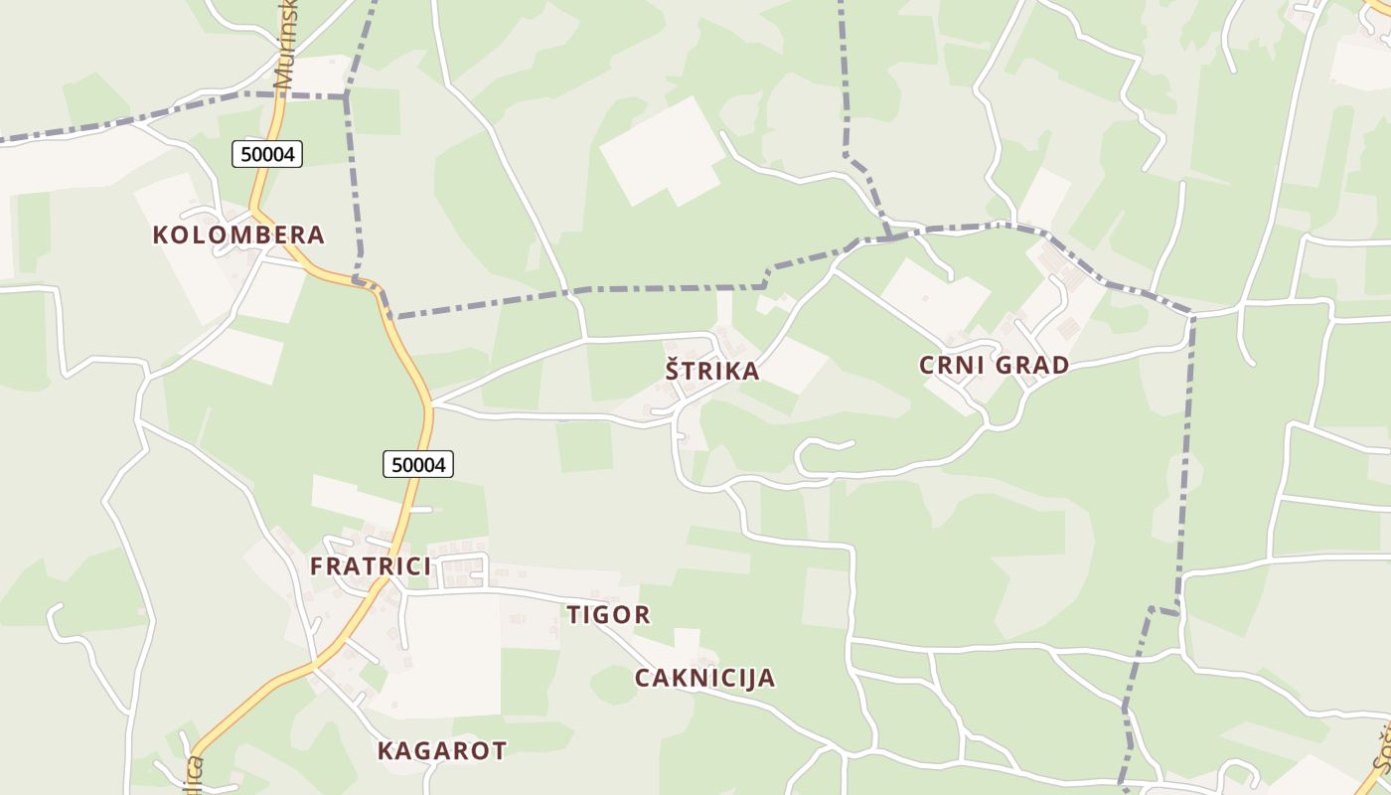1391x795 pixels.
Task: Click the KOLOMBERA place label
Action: (x=238, y=236)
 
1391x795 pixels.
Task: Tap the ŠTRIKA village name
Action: (x=712, y=371)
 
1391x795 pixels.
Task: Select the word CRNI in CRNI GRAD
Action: (x=952, y=365)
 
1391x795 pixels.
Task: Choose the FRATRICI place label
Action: (x=371, y=566)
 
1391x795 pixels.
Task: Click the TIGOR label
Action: (x=609, y=615)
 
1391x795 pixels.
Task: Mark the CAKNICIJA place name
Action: (x=704, y=679)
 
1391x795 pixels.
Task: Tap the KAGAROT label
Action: (x=442, y=750)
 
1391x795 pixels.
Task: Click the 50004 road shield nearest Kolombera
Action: (x=267, y=154)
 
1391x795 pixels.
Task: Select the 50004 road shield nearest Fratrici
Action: (x=418, y=463)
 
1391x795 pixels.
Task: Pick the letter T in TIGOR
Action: (x=574, y=615)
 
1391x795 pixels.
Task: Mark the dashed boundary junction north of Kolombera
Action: (x=346, y=95)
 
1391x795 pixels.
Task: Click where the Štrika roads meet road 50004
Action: (x=432, y=404)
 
